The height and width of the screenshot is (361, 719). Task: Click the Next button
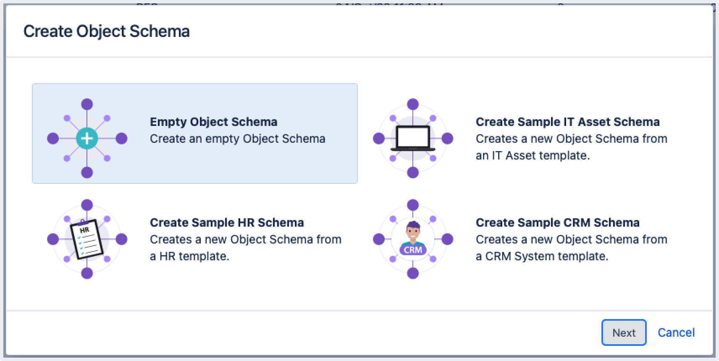(624, 332)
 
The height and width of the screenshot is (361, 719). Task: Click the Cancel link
(676, 332)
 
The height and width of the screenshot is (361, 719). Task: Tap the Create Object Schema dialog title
(107, 31)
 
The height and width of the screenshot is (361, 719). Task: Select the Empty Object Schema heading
(213, 122)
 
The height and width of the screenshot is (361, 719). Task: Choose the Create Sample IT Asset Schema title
(567, 122)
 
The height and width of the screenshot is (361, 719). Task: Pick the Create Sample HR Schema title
(227, 222)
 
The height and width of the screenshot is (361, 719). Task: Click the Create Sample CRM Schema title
(557, 222)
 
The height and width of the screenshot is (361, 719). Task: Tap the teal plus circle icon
(87, 138)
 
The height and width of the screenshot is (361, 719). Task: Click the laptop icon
(413, 138)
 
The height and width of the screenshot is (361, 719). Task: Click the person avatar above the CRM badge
(413, 233)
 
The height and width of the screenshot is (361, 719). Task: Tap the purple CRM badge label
(413, 250)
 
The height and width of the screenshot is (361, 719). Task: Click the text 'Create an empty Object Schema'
(237, 139)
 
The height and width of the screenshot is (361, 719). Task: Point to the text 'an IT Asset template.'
(533, 155)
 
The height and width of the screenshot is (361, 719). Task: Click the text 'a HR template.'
(189, 256)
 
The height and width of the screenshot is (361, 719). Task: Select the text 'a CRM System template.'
(542, 256)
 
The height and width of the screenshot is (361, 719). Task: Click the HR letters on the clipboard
(84, 230)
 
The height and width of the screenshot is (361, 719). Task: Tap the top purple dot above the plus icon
(87, 104)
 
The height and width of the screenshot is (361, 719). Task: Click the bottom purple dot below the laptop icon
(413, 172)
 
